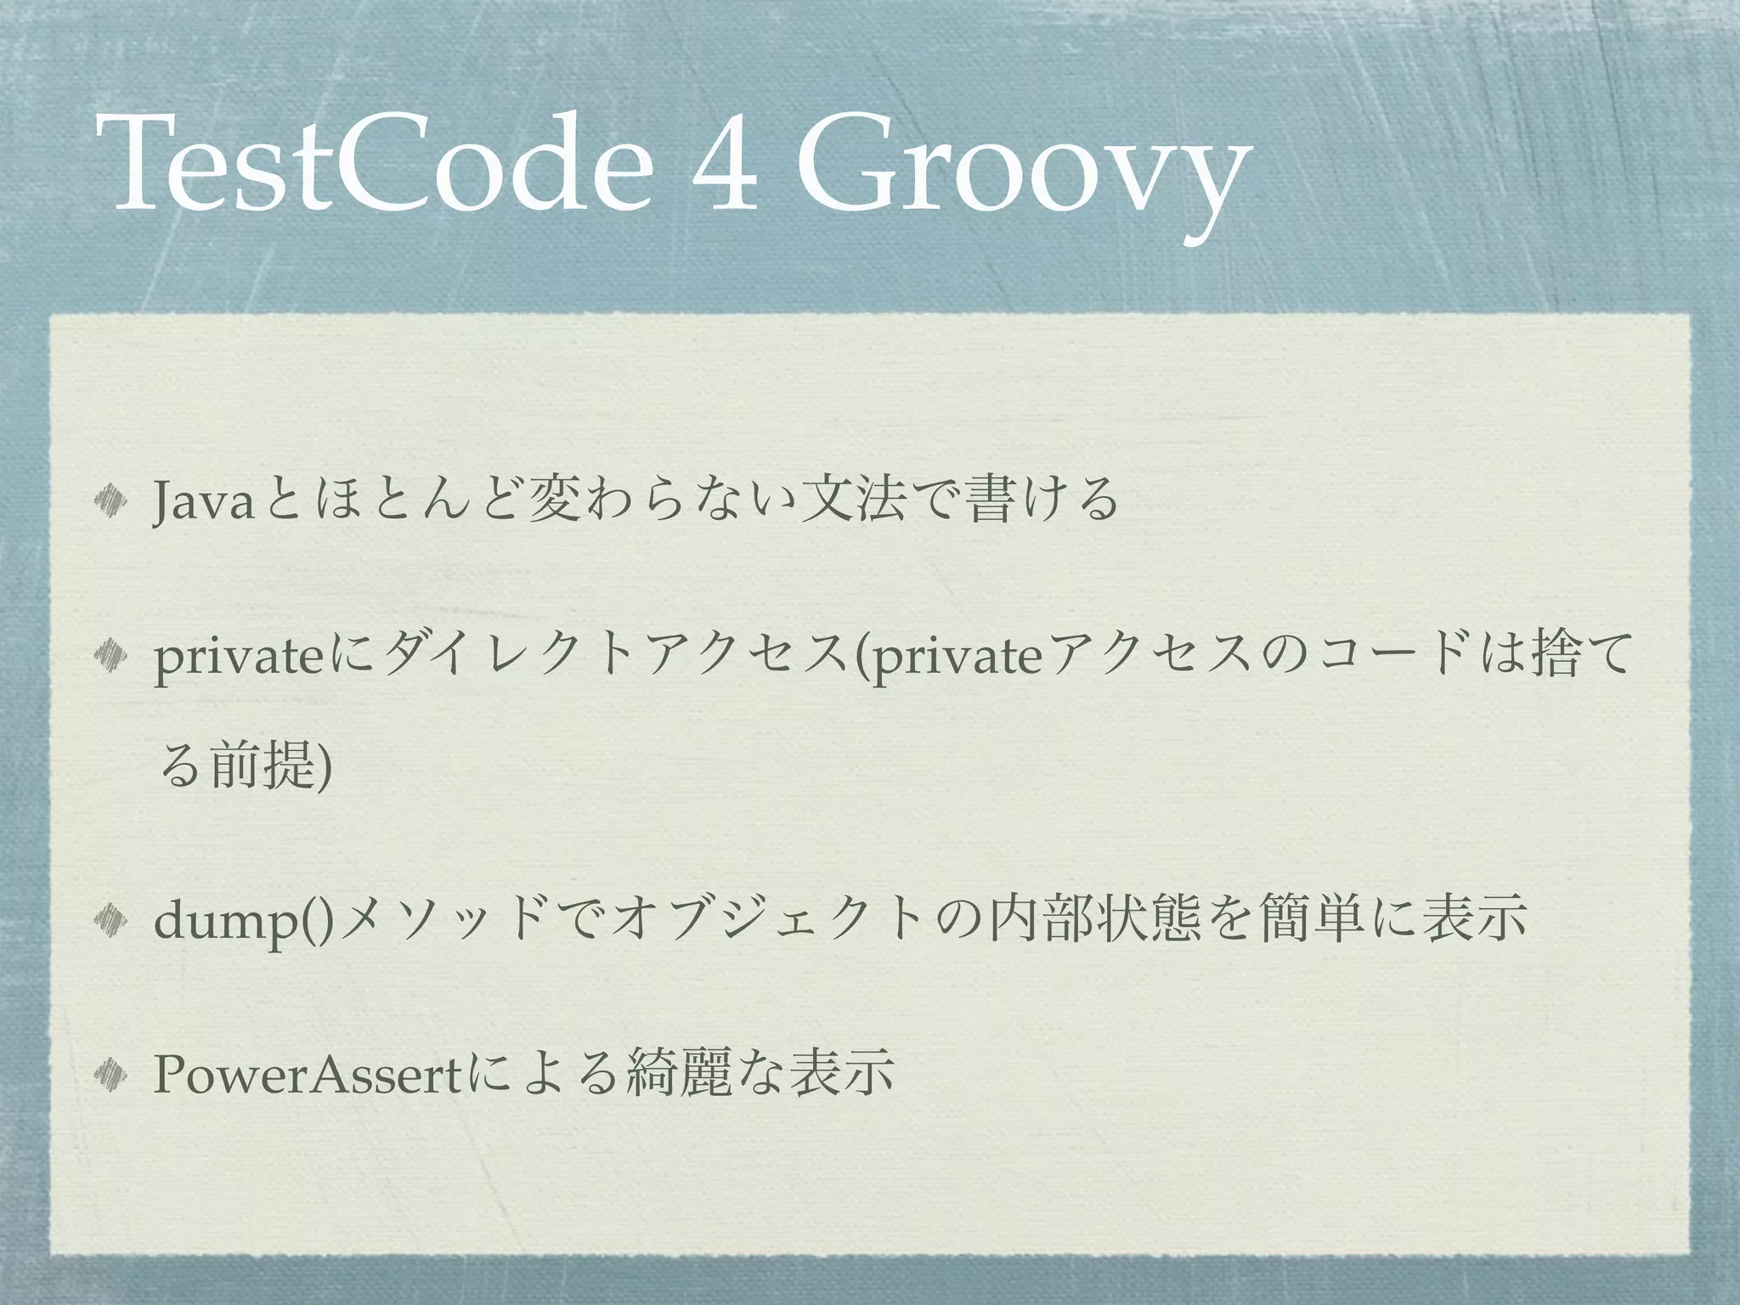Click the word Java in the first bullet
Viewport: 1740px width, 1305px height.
pos(204,502)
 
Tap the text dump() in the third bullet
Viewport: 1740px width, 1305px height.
pos(246,923)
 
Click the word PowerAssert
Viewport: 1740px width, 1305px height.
pos(307,1076)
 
